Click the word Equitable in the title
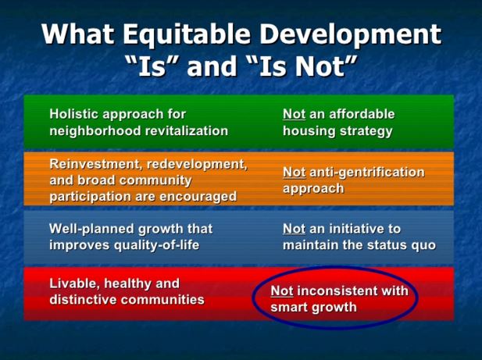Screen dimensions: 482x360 (187, 34)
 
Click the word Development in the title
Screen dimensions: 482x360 (351, 34)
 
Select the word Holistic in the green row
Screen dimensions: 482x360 (74, 114)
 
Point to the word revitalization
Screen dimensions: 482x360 (187, 130)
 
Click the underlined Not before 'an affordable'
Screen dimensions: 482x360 (295, 114)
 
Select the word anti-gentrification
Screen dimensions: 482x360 (367, 173)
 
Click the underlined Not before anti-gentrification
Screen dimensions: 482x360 (295, 172)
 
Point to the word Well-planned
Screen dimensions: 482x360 (91, 229)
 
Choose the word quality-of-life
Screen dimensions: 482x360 (156, 245)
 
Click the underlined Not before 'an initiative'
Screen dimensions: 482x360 (295, 229)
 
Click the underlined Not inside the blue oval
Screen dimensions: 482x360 (282, 290)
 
